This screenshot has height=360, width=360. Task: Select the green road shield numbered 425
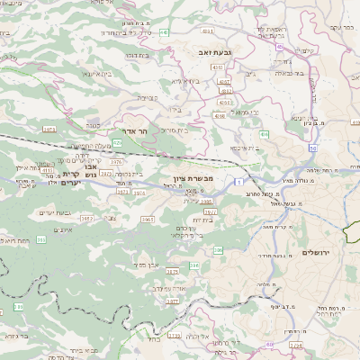coord(118,142)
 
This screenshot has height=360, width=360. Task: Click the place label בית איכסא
coord(245,148)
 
